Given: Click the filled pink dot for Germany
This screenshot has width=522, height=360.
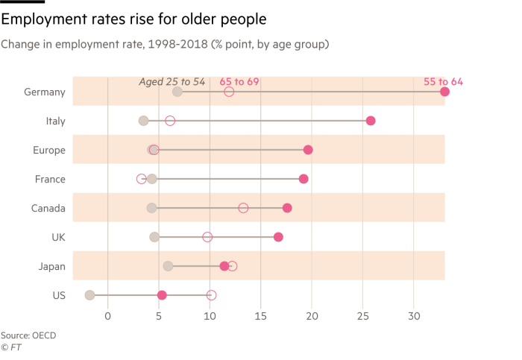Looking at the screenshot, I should coord(445,92).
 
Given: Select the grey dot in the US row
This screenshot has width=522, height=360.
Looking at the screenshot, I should coord(90,295).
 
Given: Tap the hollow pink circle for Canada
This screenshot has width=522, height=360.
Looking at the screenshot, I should coord(243,208).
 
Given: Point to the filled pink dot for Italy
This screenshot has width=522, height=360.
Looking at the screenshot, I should coord(371,121).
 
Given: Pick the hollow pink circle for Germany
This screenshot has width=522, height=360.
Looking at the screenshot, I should coord(229,92).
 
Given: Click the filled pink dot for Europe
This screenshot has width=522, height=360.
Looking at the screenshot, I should coord(308,150).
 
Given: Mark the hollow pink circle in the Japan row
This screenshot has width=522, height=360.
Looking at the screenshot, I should coord(232,266).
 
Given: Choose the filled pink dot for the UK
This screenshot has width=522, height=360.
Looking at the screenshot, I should coord(278,237).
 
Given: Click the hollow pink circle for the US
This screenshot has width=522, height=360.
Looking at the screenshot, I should coord(211,295).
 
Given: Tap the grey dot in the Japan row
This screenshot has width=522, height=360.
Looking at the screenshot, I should coord(168,266).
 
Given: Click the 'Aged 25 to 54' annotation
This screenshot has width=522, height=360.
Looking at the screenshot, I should coord(172,81).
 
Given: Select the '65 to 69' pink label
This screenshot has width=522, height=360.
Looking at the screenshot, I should coord(239,81).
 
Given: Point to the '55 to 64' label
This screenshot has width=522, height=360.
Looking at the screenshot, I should coord(443,81).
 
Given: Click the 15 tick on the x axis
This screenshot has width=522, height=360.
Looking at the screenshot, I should coord(261,317).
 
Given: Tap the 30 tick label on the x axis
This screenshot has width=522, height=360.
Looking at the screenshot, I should coord(414,317).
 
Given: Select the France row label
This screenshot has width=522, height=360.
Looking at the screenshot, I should coord(50,179).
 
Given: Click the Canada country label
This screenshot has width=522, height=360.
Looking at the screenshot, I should coord(48,208).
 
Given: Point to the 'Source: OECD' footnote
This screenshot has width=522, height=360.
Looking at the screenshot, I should coord(28,335).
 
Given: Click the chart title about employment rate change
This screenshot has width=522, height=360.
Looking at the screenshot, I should coord(165,45).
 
